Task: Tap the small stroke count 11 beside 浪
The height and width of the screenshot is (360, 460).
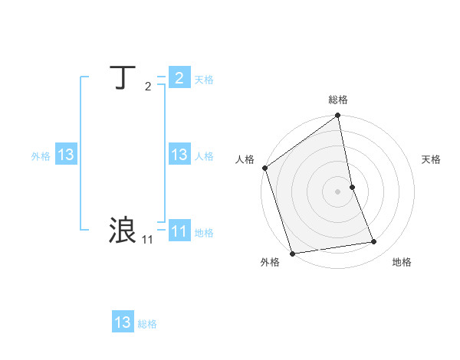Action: (x=147, y=240)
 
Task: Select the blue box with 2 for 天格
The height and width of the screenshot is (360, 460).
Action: (x=179, y=77)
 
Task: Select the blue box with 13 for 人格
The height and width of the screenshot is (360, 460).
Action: (x=179, y=155)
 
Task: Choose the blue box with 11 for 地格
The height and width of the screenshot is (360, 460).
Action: (x=179, y=231)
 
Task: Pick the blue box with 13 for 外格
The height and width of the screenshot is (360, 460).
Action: (x=66, y=155)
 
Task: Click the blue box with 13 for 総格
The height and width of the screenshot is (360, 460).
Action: (x=123, y=322)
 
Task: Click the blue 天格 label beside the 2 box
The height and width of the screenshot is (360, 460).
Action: (x=204, y=79)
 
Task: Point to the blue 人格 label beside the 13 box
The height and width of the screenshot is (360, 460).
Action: (x=204, y=156)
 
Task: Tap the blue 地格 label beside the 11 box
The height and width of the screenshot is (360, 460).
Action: (x=204, y=233)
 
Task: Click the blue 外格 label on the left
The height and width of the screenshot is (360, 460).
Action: (x=41, y=156)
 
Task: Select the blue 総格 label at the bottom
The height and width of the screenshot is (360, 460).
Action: (x=147, y=324)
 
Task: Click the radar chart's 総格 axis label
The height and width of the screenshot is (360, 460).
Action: (x=338, y=100)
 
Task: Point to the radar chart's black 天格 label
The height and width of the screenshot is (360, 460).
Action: (x=432, y=159)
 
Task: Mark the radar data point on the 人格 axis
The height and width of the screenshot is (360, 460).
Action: (x=264, y=168)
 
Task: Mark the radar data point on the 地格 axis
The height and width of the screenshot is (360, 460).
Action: (x=374, y=242)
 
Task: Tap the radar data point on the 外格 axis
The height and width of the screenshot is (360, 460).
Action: (x=292, y=254)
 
